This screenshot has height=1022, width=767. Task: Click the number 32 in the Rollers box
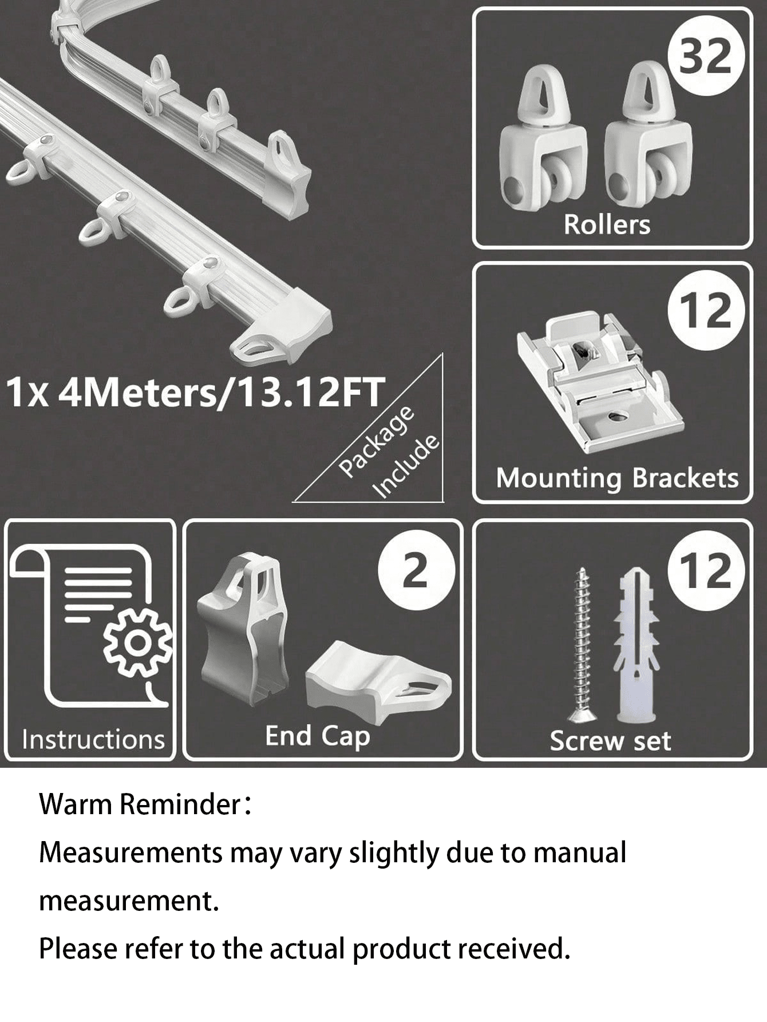[x=706, y=57]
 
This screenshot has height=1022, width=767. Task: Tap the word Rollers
[x=607, y=224]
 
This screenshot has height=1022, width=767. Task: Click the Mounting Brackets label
[x=617, y=479]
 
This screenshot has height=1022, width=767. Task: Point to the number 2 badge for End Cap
[x=416, y=571]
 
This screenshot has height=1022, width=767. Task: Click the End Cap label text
[x=318, y=736]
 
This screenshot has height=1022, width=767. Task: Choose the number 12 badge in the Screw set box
[x=706, y=571]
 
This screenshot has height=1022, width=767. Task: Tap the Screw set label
[x=610, y=741]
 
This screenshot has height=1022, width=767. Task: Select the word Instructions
[x=93, y=739]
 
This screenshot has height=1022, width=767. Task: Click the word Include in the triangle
[x=406, y=467]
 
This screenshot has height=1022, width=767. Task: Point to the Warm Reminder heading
[x=145, y=804]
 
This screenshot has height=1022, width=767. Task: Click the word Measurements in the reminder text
[x=131, y=853]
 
